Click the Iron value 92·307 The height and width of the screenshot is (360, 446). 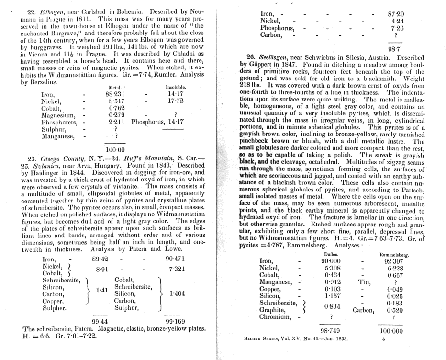pos(395,261)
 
